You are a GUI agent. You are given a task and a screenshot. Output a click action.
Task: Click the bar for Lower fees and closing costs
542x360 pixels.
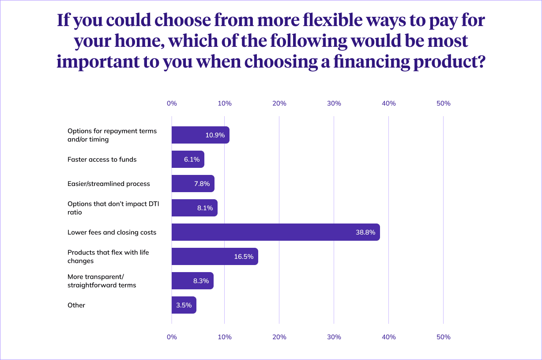275,232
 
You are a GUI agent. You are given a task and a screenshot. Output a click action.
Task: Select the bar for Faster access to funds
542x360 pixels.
188,159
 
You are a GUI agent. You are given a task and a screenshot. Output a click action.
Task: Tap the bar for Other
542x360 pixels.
184,305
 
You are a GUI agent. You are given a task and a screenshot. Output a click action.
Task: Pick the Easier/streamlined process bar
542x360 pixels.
193,184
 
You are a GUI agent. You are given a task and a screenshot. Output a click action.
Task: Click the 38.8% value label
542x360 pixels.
365,232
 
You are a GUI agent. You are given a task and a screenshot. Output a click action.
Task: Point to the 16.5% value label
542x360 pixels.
244,257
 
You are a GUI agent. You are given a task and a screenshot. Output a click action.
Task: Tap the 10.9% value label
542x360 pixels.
215,135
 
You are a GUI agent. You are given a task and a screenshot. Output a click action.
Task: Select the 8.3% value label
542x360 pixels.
200,281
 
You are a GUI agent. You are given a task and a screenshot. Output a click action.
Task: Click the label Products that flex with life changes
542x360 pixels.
108,257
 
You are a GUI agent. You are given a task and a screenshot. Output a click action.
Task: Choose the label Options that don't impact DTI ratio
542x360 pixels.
109,208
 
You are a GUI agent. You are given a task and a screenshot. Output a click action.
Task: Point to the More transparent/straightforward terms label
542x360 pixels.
102,281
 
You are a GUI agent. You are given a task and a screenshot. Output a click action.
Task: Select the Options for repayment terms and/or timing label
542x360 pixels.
112,135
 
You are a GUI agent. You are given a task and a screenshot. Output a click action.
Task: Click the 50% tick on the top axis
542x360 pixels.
443,103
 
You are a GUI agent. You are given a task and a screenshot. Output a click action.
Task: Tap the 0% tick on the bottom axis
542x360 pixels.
172,337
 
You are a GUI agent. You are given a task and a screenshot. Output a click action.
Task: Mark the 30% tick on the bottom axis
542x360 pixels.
334,337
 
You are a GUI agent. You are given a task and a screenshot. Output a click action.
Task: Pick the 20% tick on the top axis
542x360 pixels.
279,103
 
